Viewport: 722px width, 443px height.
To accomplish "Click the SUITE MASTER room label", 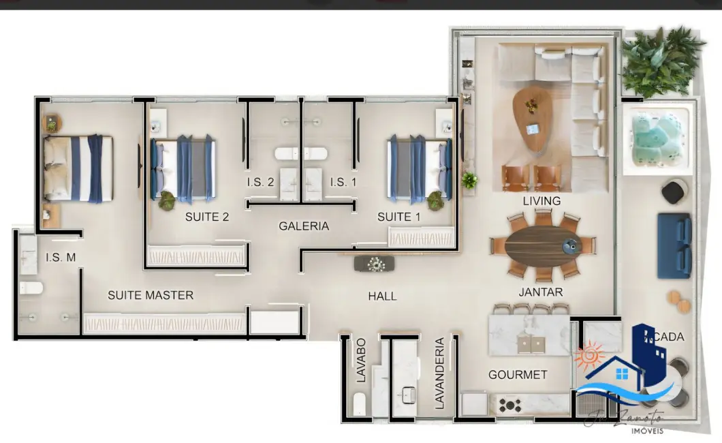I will click(x=151, y=295).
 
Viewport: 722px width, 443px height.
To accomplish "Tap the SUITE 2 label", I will click(x=207, y=217).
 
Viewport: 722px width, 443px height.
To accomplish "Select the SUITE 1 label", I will click(x=399, y=217).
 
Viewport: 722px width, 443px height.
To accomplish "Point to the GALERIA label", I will click(x=304, y=226).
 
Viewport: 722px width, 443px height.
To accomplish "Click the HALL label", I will click(x=382, y=296).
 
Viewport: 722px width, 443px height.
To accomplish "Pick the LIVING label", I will click(x=541, y=201).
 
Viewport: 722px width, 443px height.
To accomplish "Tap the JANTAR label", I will click(x=541, y=292).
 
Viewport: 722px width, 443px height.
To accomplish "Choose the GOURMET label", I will click(x=518, y=375).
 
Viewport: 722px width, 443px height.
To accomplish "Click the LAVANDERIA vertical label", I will click(x=440, y=373).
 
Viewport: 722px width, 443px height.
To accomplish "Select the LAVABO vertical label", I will click(x=361, y=359).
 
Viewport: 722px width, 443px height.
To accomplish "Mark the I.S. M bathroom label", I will click(x=61, y=258).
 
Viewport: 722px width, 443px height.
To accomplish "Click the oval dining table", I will click(x=543, y=245).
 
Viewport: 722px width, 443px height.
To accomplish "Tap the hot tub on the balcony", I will click(x=656, y=140).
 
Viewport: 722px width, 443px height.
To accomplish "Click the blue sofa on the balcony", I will click(x=674, y=245).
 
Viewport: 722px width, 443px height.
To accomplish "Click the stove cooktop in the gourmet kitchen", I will click(x=509, y=406).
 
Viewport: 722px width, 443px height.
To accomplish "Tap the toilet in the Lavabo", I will click(x=359, y=404).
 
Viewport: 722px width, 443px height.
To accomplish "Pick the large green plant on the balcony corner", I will click(x=659, y=61).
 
